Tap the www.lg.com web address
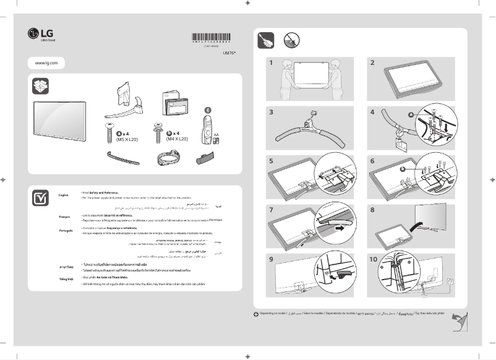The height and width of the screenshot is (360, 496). click(46, 63)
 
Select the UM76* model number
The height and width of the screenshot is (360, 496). click(229, 53)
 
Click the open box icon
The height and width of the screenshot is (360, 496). click(41, 86)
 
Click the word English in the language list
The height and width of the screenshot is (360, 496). click(63, 195)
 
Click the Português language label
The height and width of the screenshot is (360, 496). click(66, 230)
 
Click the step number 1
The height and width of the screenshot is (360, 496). click(271, 62)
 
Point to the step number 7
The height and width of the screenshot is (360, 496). click(271, 210)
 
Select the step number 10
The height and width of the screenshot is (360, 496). click(374, 259)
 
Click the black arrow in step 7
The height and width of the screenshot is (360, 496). click(339, 228)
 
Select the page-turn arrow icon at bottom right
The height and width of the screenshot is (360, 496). click(458, 323)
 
